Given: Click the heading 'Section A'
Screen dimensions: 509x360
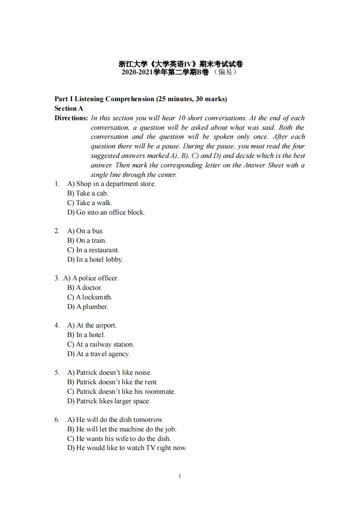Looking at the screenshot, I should (x=69, y=108).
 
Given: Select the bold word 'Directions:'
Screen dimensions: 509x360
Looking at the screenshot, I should (x=71, y=118).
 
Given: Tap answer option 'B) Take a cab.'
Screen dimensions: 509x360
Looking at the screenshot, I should (x=88, y=193).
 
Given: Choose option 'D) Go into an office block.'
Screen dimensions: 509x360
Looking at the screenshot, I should (x=106, y=212).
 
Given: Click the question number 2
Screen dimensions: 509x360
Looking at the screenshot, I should (x=57, y=231).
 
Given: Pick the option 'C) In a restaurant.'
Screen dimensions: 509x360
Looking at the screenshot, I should (x=93, y=250).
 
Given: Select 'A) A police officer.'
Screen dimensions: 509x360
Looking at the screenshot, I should (x=91, y=278).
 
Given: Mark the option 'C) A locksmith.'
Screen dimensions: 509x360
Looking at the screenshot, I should (x=89, y=297).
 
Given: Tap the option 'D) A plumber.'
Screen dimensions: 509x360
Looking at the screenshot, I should (x=88, y=307).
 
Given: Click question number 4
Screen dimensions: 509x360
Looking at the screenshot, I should (x=57, y=325).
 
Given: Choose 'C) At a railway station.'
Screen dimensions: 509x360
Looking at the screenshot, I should (x=100, y=344).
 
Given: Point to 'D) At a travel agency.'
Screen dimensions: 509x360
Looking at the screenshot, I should (x=99, y=354).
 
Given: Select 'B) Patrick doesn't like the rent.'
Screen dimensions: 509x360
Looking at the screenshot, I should (x=112, y=382).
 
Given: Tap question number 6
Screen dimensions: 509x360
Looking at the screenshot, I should (x=57, y=420).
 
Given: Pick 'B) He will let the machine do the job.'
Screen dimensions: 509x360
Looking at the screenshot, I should (x=122, y=429).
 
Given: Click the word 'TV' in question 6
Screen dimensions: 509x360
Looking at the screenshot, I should (x=150, y=448).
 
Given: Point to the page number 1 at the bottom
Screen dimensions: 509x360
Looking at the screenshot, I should (x=180, y=476).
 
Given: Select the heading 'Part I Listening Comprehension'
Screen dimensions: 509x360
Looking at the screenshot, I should (x=104, y=99).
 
